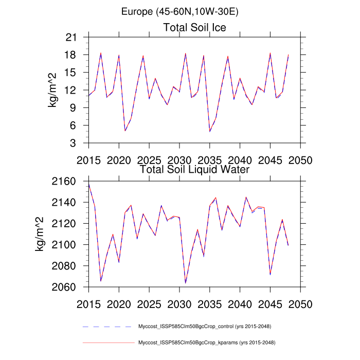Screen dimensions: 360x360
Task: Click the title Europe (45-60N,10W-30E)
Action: coord(180,11)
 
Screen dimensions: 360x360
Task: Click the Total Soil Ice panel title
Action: coord(195,27)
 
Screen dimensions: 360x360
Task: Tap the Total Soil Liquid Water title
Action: coord(195,169)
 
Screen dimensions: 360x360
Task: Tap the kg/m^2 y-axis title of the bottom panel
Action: coord(39,234)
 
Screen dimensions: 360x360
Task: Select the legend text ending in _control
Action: coord(205,327)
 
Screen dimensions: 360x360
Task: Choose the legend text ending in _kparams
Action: coord(205,342)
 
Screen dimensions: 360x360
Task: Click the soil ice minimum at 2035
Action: coord(210,132)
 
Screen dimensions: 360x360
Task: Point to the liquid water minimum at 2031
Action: coord(185,283)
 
